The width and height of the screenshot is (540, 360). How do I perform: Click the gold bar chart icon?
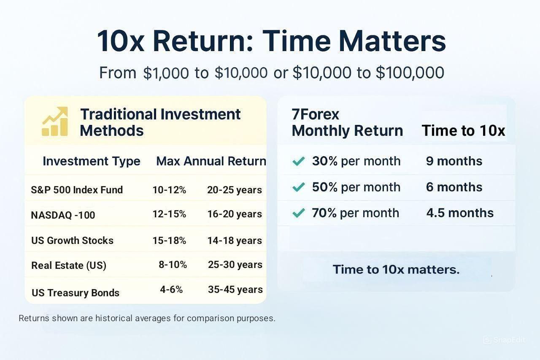[x=55, y=121]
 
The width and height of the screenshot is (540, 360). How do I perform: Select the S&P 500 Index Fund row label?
[x=77, y=190]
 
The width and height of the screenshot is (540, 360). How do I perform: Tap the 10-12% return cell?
[x=169, y=190]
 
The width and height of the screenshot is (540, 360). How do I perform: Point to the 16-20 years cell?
[x=235, y=214]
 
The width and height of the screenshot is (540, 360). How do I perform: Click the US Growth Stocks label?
[x=72, y=241]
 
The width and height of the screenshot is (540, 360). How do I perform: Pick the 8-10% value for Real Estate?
[x=173, y=265]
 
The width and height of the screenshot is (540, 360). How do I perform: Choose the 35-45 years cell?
[x=235, y=290]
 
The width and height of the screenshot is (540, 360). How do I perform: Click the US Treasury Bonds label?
[x=76, y=293]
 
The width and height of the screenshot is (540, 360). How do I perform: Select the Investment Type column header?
[x=92, y=161]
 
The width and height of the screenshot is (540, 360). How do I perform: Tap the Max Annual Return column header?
[x=211, y=161]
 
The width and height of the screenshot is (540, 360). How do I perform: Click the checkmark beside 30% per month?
[x=298, y=161]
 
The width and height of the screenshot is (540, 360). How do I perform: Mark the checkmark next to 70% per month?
[x=298, y=213]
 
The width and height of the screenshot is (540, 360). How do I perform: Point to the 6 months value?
[x=454, y=187]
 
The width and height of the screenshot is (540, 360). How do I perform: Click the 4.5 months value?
[x=460, y=213]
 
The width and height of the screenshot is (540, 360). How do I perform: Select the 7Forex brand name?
[x=315, y=114]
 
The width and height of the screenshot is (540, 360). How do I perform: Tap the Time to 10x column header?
[x=463, y=130]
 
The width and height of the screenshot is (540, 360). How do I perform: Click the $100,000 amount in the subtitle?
[x=410, y=73]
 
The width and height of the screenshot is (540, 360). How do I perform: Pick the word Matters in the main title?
[x=392, y=41]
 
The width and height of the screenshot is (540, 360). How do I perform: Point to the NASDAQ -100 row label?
[x=63, y=215]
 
